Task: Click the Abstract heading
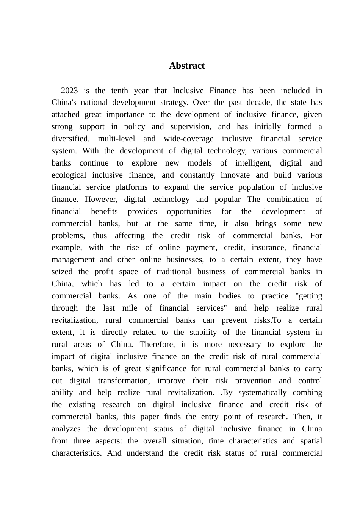(187, 66)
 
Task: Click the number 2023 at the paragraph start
(69, 91)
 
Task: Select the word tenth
(119, 91)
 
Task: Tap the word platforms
(131, 187)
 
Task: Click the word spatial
(311, 441)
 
